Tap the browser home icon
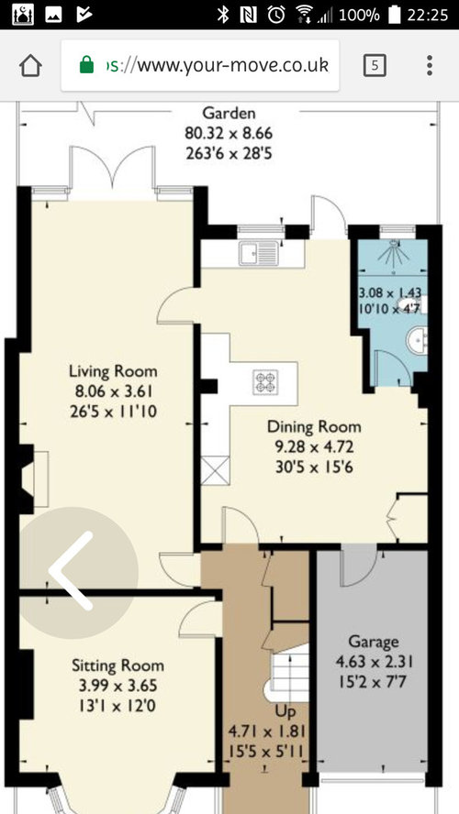click(x=30, y=65)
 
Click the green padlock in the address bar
click(x=87, y=65)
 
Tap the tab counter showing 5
click(x=375, y=65)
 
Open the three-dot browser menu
click(x=430, y=65)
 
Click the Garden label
click(x=229, y=113)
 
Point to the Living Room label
click(x=113, y=371)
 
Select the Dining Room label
click(x=314, y=427)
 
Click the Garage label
click(x=374, y=642)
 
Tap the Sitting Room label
click(x=118, y=665)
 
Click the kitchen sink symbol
click(x=259, y=253)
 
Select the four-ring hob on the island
click(x=265, y=381)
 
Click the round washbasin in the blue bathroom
click(x=417, y=341)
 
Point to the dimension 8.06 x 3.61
click(x=113, y=391)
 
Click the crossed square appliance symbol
click(x=215, y=470)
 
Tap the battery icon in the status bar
click(x=394, y=15)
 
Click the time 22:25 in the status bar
click(x=427, y=15)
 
